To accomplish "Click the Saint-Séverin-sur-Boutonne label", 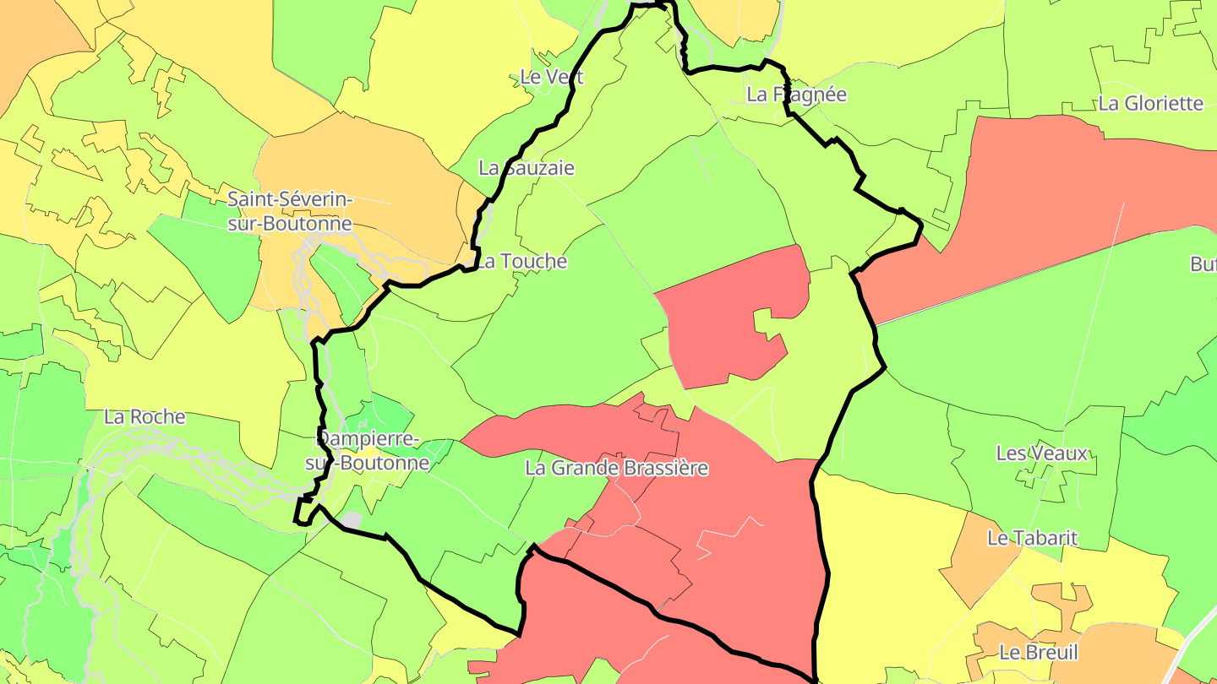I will [289, 212].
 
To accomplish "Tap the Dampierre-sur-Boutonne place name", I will [367, 451].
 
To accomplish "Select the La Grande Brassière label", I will [616, 468].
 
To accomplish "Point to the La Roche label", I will [145, 416].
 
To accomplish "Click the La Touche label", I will [521, 262].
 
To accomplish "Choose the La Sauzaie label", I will [526, 168].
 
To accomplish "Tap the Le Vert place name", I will [552, 77].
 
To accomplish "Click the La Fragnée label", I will [796, 95].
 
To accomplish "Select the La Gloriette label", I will [1150, 104].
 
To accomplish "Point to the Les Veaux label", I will [1041, 453].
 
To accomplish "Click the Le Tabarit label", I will [1032, 538].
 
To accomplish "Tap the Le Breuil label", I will [1038, 653].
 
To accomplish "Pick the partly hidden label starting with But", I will [1203, 264].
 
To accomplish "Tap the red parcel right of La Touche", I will [727, 321].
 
